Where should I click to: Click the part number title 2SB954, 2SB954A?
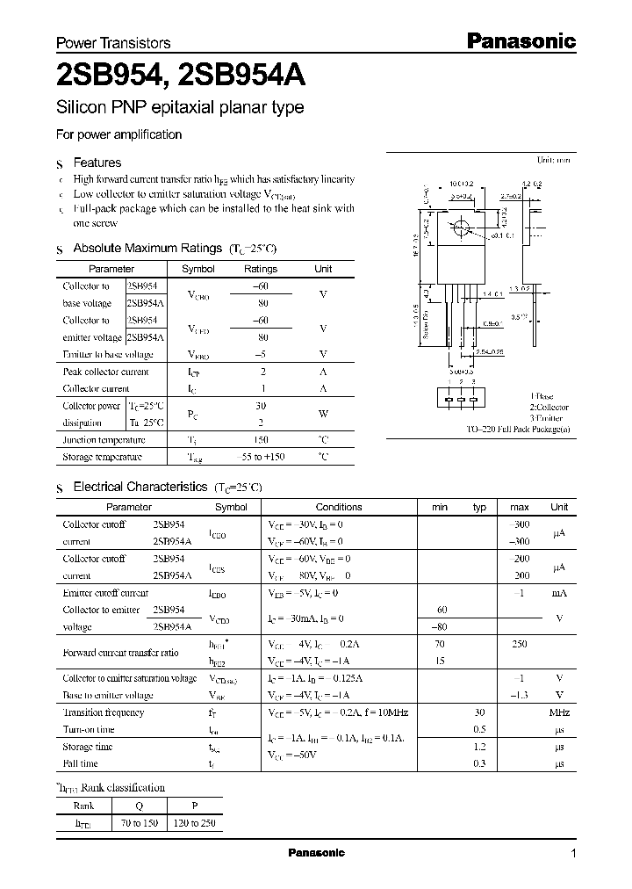[181, 77]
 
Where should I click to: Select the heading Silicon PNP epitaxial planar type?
[180, 108]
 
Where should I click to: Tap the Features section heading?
[97, 163]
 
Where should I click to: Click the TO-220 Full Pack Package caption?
[518, 429]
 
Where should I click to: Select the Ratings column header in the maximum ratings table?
[260, 269]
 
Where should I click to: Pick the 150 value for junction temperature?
[260, 440]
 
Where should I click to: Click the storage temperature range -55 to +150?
[260, 458]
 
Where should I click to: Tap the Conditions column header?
[339, 507]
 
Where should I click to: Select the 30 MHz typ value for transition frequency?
[479, 712]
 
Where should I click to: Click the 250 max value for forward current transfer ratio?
[519, 644]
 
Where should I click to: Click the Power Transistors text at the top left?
[113, 43]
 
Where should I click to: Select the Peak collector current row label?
[105, 372]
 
